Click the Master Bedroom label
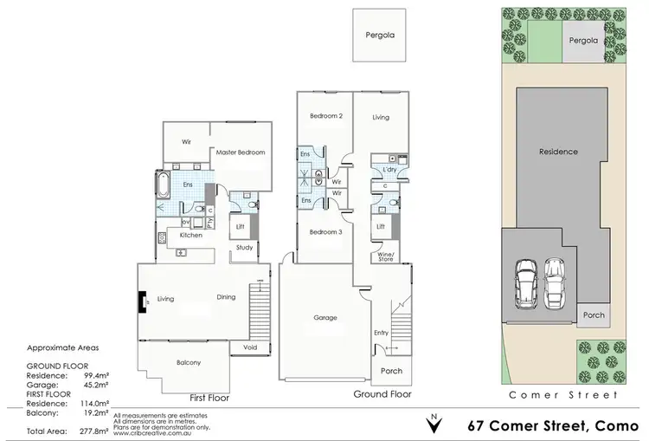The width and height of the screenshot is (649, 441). [x=240, y=152]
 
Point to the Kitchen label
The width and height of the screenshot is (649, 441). [x=191, y=235]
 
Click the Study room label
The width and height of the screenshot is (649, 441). [x=243, y=248]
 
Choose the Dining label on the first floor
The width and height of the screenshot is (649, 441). [x=226, y=297]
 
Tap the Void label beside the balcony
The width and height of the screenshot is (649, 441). [x=250, y=348]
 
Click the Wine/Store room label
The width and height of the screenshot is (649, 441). [x=382, y=256]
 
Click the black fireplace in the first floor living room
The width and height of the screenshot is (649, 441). [x=140, y=301]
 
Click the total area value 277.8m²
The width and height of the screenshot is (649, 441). [x=91, y=431]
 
